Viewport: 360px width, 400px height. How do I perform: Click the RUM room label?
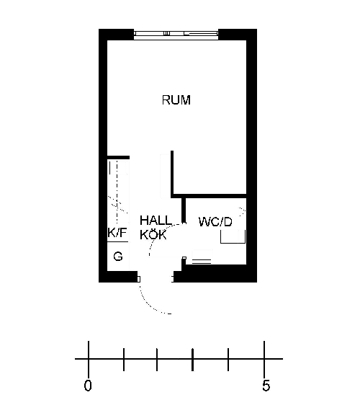tap(176, 99)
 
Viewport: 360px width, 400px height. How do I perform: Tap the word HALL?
tap(156, 221)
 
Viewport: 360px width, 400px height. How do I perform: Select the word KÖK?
tap(153, 235)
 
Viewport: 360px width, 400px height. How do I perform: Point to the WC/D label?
tap(215, 222)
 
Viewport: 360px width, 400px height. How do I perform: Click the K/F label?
tap(117, 233)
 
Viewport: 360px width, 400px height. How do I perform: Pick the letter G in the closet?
tap(118, 256)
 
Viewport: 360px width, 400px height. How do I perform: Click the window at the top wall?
tap(176, 34)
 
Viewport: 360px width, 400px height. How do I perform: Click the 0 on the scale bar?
tap(88, 386)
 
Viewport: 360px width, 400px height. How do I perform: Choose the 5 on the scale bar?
tap(266, 386)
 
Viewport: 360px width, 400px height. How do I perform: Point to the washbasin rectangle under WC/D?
tap(233, 236)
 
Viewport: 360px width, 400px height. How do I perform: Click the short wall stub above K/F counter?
tap(118, 157)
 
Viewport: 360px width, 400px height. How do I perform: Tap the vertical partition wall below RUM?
tap(172, 174)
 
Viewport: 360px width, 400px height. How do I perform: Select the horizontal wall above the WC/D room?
tap(209, 196)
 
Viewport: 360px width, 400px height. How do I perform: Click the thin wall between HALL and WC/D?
tap(184, 210)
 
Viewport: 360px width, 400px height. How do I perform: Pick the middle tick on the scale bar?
tap(192, 359)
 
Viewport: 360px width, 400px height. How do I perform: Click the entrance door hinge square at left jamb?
tap(138, 280)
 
